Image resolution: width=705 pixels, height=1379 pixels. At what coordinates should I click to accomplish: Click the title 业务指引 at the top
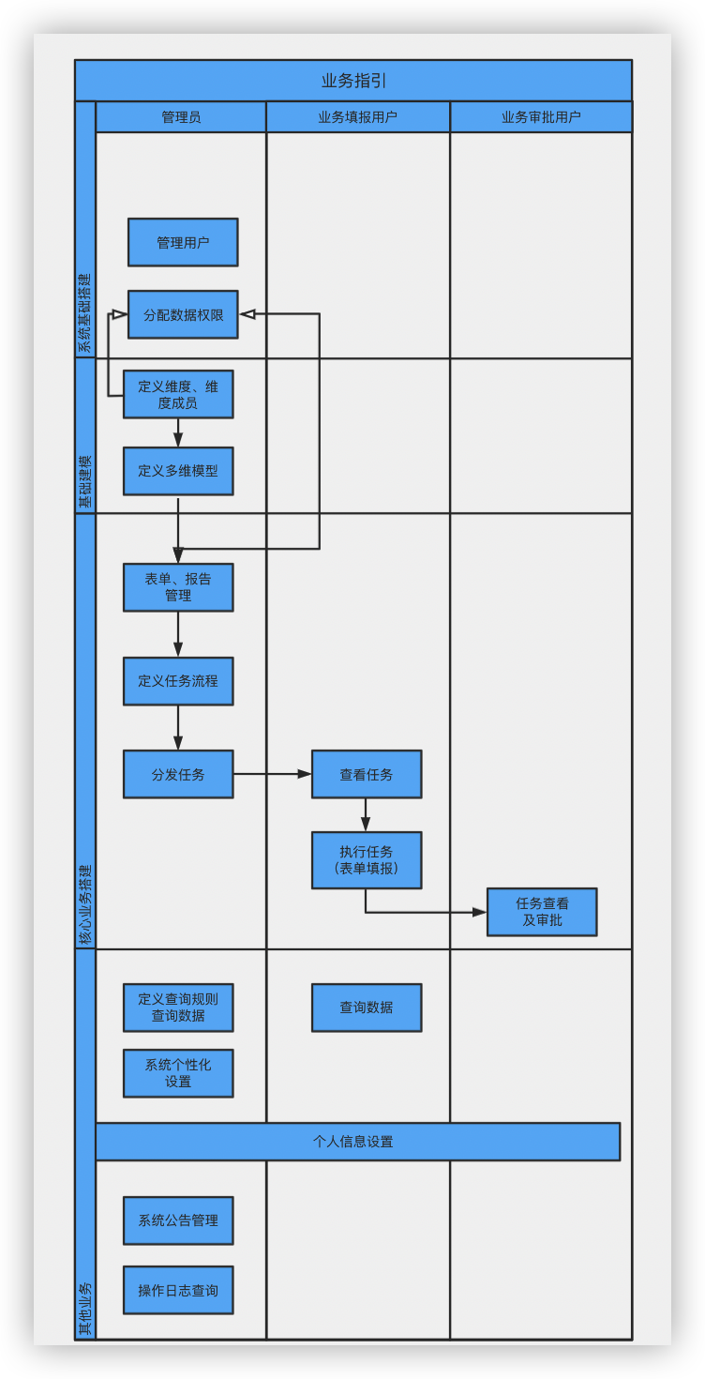click(353, 81)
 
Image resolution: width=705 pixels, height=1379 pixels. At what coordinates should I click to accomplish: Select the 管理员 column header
click(181, 117)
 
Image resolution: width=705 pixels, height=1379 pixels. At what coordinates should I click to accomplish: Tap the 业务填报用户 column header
click(357, 117)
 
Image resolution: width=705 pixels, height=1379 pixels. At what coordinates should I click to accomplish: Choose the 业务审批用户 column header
click(541, 117)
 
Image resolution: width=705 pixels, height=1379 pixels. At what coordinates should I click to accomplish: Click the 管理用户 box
click(183, 243)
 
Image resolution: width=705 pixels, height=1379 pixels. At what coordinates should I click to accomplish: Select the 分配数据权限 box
click(183, 315)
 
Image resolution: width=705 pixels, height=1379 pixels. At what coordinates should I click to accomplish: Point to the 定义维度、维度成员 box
click(178, 394)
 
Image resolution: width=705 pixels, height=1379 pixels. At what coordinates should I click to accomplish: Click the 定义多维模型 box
click(178, 471)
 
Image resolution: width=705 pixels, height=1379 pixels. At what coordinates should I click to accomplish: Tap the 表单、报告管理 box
click(178, 587)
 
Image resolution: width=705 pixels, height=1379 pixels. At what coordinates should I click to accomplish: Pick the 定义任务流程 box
click(178, 681)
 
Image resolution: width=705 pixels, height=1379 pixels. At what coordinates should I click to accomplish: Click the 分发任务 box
click(178, 775)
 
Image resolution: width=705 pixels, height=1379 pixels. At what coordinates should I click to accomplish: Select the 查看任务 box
click(367, 775)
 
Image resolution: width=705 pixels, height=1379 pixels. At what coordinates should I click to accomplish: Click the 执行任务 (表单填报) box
click(367, 860)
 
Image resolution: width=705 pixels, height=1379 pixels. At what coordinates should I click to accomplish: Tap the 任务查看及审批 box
click(542, 912)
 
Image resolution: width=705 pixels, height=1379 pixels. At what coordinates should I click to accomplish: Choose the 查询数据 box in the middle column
click(367, 1008)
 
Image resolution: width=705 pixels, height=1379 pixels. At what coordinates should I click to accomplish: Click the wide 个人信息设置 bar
click(357, 1142)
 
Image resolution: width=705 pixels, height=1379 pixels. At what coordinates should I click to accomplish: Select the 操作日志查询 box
click(178, 1291)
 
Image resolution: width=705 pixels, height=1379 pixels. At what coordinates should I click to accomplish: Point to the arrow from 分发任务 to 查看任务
click(272, 774)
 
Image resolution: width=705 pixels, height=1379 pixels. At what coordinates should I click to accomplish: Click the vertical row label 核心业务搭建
click(85, 904)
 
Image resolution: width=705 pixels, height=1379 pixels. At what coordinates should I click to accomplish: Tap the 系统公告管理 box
click(178, 1220)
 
